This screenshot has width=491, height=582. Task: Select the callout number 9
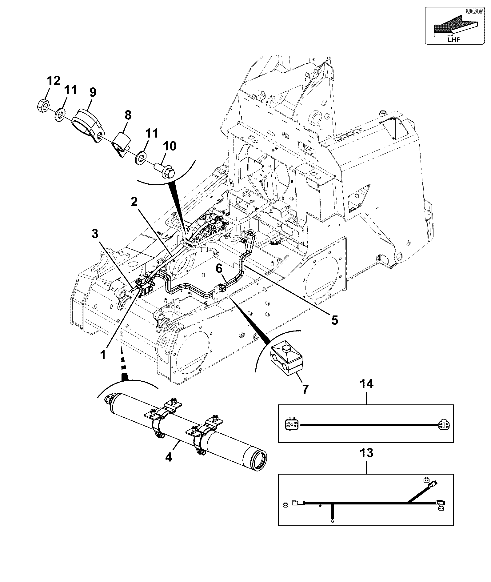(93, 92)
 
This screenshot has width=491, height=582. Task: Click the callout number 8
(128, 115)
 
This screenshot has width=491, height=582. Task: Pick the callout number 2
(134, 202)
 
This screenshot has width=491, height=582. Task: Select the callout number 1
(103, 355)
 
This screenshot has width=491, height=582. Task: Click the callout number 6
(219, 269)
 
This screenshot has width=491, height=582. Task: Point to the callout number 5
(334, 320)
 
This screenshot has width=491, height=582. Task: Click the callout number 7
(305, 389)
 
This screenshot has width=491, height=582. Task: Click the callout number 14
(366, 384)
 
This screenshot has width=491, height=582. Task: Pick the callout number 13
(366, 453)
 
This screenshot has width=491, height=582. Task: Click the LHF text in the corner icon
(454, 40)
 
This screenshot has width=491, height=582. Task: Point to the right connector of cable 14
(443, 425)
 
